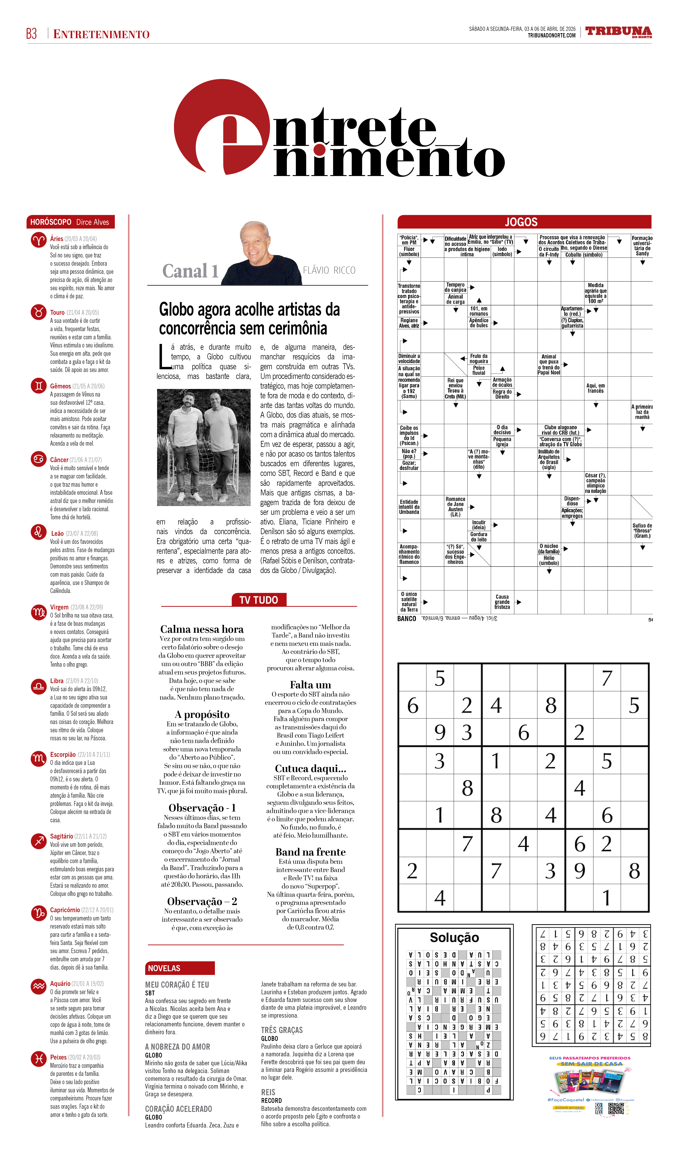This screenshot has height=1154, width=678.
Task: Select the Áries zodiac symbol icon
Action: tap(39, 240)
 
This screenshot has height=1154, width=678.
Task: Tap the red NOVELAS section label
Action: tap(180, 968)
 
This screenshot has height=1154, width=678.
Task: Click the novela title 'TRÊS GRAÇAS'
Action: tap(282, 1030)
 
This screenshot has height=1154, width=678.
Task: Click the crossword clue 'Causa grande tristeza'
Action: tap(502, 602)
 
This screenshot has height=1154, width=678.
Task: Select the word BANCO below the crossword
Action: tap(406, 619)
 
